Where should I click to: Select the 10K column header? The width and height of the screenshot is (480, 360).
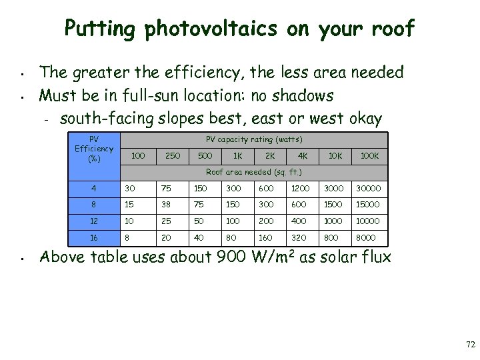(x=335, y=155)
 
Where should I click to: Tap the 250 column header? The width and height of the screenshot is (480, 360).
(x=172, y=155)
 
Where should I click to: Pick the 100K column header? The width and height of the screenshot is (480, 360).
(x=369, y=155)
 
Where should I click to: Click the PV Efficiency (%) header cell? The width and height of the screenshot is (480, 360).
(x=94, y=149)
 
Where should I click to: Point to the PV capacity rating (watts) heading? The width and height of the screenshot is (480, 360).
(x=254, y=139)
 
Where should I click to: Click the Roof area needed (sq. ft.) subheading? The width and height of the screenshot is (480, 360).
(x=254, y=171)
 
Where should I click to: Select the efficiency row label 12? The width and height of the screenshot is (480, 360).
(x=94, y=221)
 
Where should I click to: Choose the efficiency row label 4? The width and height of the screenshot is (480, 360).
(x=94, y=188)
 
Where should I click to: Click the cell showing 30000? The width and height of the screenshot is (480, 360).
(x=369, y=188)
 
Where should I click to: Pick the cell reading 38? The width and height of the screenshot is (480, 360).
(x=167, y=205)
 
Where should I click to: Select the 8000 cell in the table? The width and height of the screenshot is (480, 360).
(x=366, y=237)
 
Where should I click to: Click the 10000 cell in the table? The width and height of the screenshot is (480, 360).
(x=369, y=221)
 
